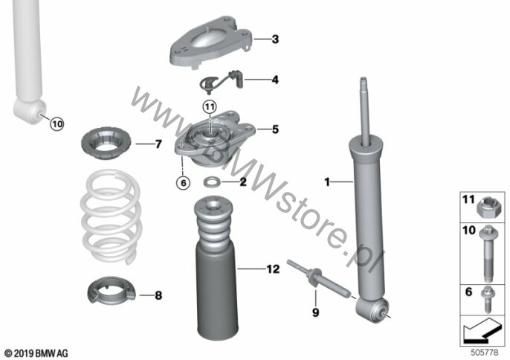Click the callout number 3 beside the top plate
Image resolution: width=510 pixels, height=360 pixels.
tap(275, 39)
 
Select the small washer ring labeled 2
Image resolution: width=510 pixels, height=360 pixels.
tap(212, 181)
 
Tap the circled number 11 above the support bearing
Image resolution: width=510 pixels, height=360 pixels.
tap(210, 107)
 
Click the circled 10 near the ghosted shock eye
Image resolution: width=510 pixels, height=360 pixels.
tap(57, 124)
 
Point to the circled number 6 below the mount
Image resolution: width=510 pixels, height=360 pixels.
tap(183, 183)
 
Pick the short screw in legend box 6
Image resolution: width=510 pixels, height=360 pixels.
tap(488, 299)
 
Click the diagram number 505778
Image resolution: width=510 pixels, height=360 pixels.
tap(485, 352)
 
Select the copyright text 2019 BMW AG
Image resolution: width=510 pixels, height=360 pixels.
tap(36, 353)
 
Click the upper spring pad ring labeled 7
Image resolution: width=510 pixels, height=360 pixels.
tap(106, 144)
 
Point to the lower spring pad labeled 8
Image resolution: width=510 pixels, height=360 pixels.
tap(112, 290)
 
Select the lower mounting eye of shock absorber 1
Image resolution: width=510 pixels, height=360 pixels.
tap(371, 309)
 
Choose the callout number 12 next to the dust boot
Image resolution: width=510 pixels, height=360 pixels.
tap(273, 269)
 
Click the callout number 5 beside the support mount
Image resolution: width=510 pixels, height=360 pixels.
tap(275, 129)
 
